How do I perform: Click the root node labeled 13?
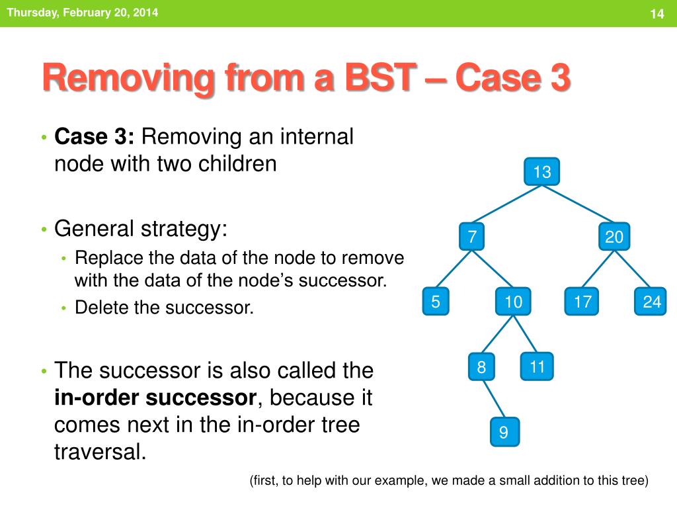542,171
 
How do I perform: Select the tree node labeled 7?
471,236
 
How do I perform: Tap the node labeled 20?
614,236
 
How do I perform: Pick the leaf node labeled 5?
435,301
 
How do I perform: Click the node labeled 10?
513,301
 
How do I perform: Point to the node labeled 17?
582,301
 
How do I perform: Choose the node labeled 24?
651,301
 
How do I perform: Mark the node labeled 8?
481,366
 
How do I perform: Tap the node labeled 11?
537,366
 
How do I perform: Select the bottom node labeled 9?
504,432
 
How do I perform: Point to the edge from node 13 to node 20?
578,204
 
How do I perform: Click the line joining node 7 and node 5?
454,269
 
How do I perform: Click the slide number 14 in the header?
657,14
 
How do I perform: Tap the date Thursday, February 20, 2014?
83,13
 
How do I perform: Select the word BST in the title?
381,78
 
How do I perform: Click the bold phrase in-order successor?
155,398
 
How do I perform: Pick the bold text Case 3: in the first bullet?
94,136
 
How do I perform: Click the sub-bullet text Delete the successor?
164,308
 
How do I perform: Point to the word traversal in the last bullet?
100,452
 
